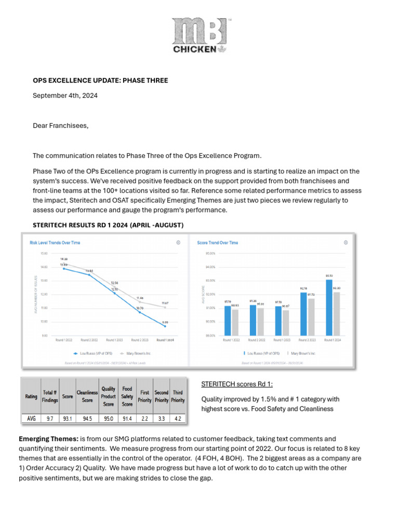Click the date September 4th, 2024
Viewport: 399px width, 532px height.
pyautogui.click(x=65, y=96)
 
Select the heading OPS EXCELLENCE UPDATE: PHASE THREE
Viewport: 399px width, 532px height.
pyautogui.click(x=100, y=81)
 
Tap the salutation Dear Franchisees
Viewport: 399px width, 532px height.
pyautogui.click(x=57, y=125)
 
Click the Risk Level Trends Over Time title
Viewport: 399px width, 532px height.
pyautogui.click(x=55, y=243)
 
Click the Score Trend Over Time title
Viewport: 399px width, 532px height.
pyautogui.click(x=218, y=243)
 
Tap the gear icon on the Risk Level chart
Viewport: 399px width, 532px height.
pyautogui.click(x=178, y=243)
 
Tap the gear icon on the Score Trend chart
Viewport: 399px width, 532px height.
pyautogui.click(x=345, y=243)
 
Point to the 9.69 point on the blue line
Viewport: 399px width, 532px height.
pyautogui.click(x=165, y=326)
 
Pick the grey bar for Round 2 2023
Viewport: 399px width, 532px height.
pyautogui.click(x=311, y=317)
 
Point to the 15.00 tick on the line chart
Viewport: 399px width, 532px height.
pyautogui.click(x=44, y=254)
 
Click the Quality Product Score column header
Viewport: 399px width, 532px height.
pyautogui.click(x=109, y=396)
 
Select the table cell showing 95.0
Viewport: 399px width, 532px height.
pyautogui.click(x=109, y=417)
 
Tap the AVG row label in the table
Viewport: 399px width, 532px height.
pyautogui.click(x=31, y=417)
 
